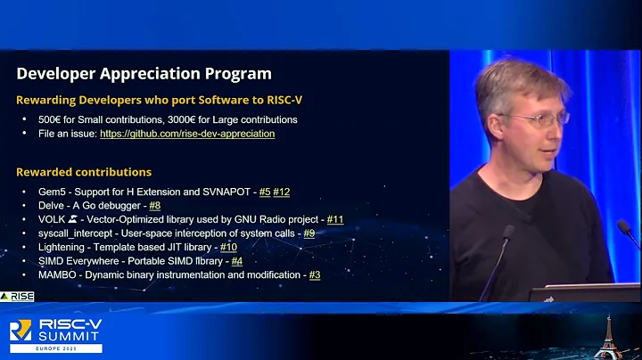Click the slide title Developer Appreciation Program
pyautogui.click(x=144, y=73)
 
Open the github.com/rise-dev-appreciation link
pyautogui.click(x=187, y=134)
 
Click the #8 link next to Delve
pyautogui.click(x=154, y=206)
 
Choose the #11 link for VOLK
pyautogui.click(x=335, y=219)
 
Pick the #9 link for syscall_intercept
pyautogui.click(x=309, y=233)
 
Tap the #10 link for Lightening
pyautogui.click(x=228, y=247)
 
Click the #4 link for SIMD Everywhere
pyautogui.click(x=236, y=261)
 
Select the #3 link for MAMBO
pyautogui.click(x=314, y=275)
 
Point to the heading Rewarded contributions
pyautogui.click(x=84, y=172)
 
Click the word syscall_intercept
pyautogui.click(x=69, y=233)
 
